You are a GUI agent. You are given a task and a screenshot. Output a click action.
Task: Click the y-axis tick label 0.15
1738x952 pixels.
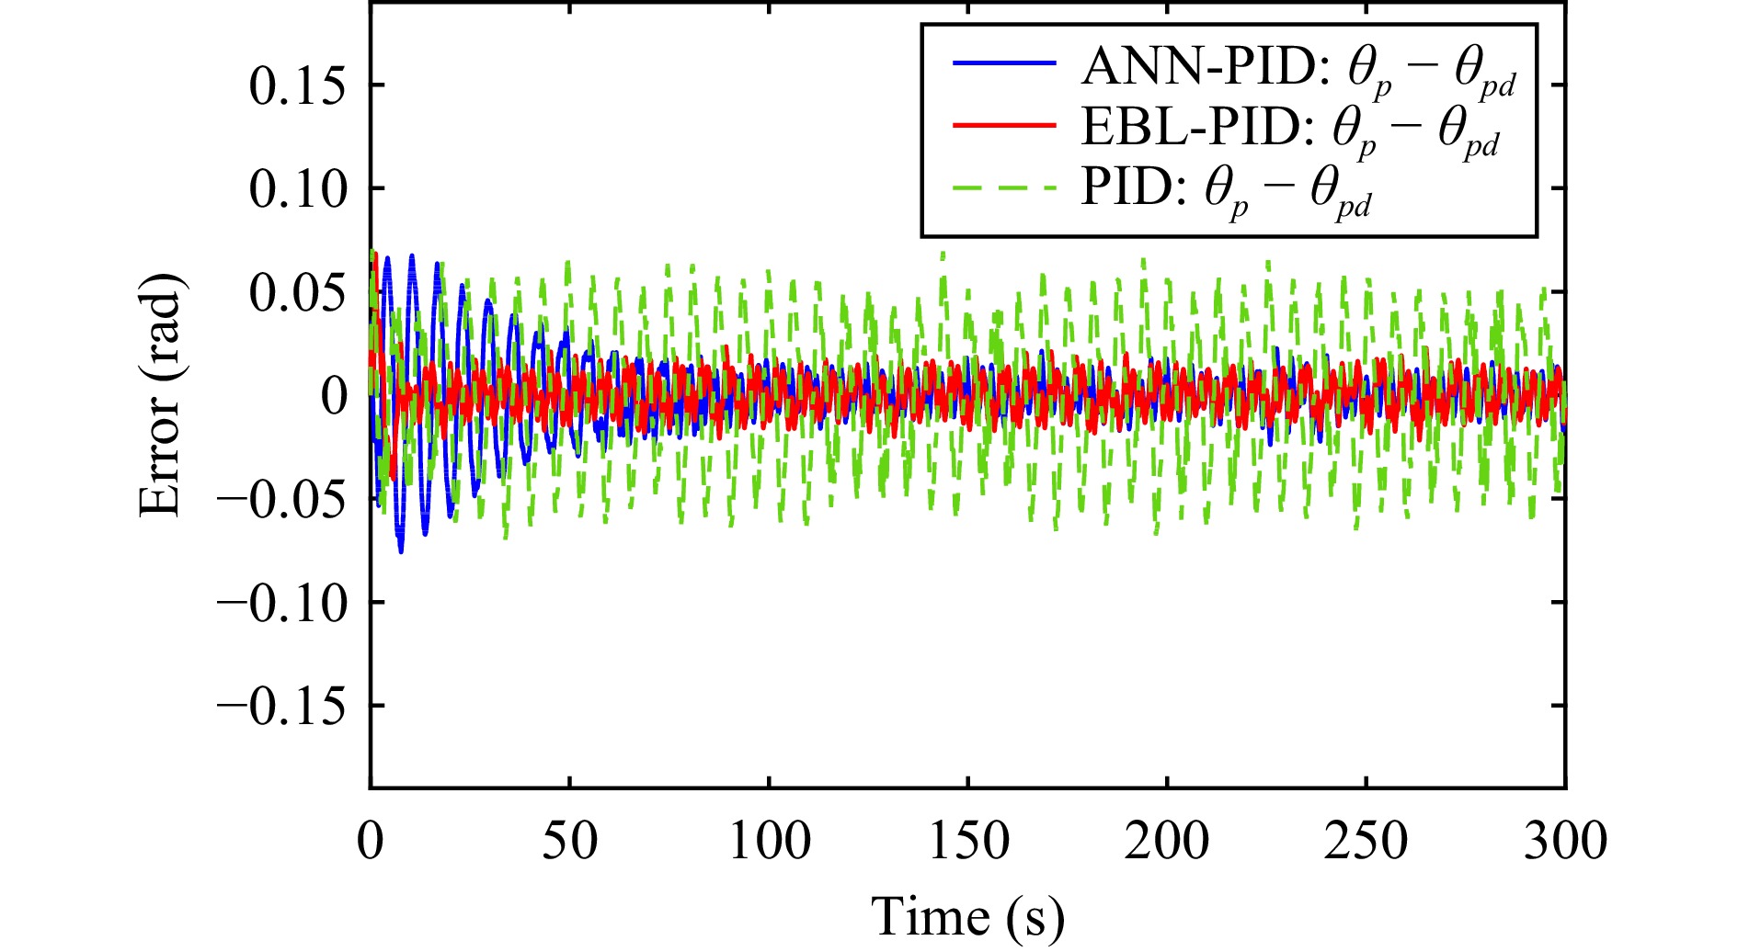(x=298, y=86)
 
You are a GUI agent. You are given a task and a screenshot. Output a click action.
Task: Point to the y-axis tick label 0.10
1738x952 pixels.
(x=298, y=189)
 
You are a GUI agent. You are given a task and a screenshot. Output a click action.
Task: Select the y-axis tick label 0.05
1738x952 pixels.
(x=298, y=293)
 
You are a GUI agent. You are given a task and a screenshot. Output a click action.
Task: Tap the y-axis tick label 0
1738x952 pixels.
(x=335, y=396)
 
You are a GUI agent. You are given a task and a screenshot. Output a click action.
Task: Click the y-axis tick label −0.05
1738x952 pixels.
(x=282, y=499)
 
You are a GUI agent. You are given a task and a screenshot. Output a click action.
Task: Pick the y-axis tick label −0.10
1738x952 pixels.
(x=282, y=603)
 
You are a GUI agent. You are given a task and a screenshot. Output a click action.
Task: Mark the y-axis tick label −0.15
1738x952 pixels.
(x=282, y=706)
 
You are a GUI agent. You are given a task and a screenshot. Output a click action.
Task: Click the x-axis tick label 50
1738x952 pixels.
(x=569, y=840)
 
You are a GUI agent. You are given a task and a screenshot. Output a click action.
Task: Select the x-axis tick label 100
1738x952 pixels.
(x=769, y=840)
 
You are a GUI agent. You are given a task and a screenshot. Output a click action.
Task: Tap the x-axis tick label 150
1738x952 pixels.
(x=968, y=840)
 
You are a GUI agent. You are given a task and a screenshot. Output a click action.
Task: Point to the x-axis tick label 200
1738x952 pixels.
(x=1167, y=840)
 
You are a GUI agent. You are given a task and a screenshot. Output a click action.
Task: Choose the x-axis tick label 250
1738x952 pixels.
(x=1366, y=840)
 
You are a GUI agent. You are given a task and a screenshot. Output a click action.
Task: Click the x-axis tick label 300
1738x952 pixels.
(x=1565, y=840)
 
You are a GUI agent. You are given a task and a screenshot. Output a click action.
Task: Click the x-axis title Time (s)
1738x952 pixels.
(x=967, y=916)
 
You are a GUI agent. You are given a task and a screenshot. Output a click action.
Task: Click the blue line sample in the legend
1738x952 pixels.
(x=1003, y=63)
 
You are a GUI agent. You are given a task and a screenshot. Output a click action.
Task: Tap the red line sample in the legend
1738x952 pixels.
(x=1003, y=126)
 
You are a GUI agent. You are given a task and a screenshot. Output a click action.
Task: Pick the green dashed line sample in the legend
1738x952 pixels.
(x=1003, y=187)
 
